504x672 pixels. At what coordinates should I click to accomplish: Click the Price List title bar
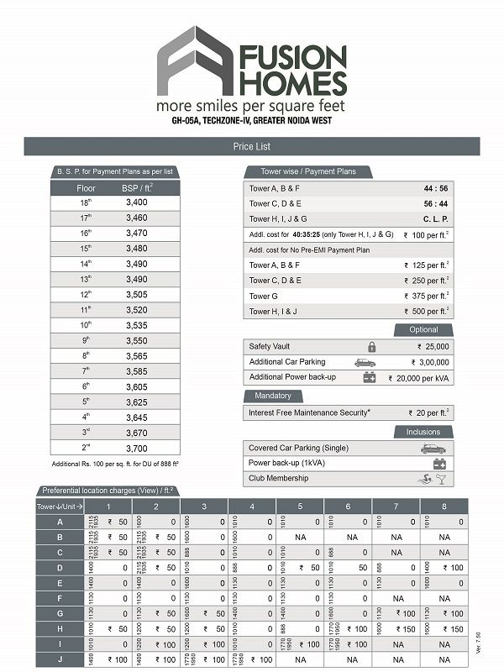coord(252,146)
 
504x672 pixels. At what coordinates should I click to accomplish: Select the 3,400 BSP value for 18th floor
coord(136,202)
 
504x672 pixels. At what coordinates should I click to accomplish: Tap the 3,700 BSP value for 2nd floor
coord(136,449)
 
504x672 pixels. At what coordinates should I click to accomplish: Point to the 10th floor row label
coord(86,324)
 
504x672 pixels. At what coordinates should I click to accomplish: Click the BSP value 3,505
coord(136,294)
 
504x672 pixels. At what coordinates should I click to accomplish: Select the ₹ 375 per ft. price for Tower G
coord(426,296)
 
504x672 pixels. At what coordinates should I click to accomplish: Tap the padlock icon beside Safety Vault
coord(371,346)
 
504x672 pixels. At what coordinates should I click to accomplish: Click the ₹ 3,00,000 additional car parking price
coord(429,361)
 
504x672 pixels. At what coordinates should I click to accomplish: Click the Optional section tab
coord(423,330)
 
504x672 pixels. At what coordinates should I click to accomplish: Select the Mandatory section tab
coord(267,396)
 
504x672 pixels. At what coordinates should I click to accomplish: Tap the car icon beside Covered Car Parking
coord(433,449)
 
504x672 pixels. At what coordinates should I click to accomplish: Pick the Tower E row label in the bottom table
coord(60,582)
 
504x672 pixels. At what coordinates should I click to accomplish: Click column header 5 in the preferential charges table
coord(300,507)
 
